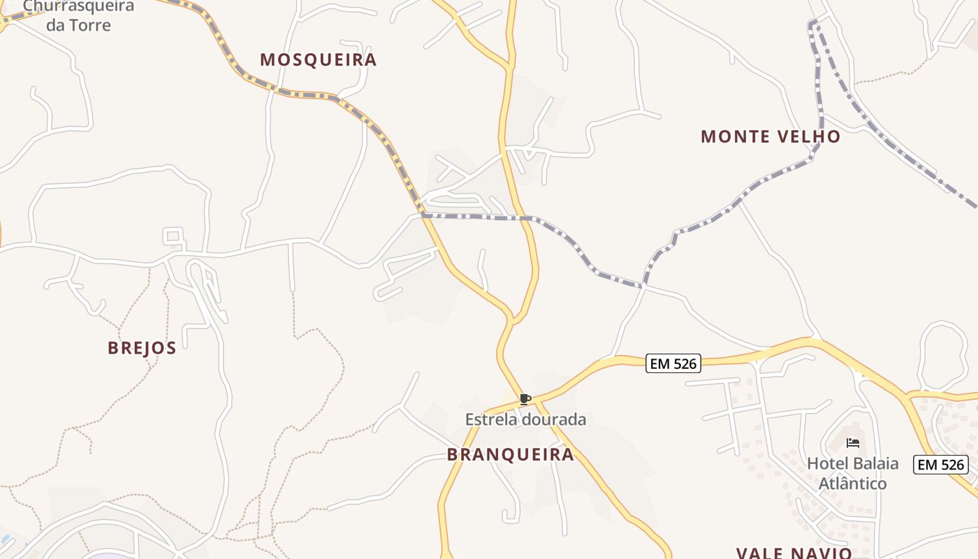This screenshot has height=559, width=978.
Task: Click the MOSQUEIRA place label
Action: point(318,60)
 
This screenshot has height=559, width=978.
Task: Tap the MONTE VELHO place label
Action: point(770,136)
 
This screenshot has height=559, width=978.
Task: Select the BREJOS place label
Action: point(142,348)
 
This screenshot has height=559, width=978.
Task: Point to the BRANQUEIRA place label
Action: point(510,455)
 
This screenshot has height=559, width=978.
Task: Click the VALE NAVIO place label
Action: point(794,553)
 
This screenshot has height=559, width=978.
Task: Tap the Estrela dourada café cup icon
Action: point(525,400)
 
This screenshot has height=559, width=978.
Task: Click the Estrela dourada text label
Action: point(525,420)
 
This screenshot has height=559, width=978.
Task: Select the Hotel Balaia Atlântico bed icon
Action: point(852,443)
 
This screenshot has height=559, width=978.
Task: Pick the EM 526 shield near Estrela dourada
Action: point(673,363)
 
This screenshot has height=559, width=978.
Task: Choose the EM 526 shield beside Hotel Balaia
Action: point(940,465)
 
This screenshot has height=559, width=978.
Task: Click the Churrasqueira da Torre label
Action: point(78,15)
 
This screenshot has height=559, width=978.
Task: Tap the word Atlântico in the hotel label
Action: point(852,484)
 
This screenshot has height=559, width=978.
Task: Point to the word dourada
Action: point(555,420)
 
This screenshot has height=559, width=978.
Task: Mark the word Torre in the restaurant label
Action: point(89,26)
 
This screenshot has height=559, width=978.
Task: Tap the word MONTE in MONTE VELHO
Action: point(731,136)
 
